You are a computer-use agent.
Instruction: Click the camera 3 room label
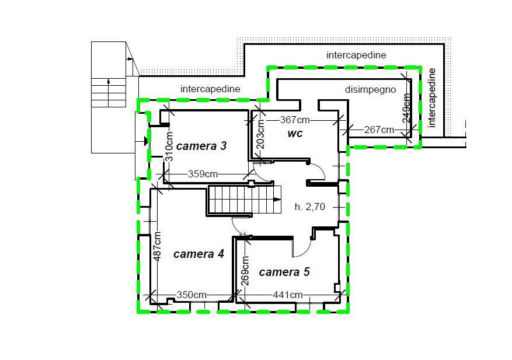[201, 146]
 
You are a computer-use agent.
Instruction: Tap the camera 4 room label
[198, 254]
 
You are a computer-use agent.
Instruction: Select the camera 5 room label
[284, 272]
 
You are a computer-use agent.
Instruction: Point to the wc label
[295, 133]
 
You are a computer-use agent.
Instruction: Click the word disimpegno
[370, 89]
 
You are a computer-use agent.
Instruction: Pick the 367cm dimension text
[295, 120]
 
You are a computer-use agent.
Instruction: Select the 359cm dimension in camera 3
[203, 174]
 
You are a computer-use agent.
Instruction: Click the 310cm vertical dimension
[169, 146]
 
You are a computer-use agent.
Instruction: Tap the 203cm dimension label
[260, 134]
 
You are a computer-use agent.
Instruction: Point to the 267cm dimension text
[379, 130]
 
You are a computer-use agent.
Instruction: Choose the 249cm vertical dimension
[406, 109]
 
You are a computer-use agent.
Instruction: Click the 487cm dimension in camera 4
[157, 246]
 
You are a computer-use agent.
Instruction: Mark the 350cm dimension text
[191, 295]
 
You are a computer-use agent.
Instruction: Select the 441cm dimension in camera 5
[288, 295]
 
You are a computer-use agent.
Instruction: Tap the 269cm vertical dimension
[246, 271]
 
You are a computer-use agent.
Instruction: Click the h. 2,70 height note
[310, 207]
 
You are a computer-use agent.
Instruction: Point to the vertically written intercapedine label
[431, 97]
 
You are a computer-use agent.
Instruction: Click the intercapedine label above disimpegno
[356, 55]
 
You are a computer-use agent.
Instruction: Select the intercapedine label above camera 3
[210, 89]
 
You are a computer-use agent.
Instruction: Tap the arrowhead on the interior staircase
[277, 200]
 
